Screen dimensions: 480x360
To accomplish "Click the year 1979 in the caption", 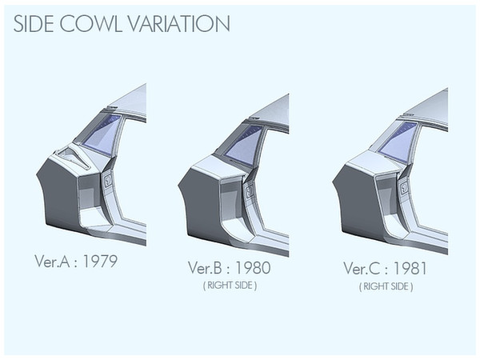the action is [x=100, y=261].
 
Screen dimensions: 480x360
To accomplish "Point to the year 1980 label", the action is [x=253, y=267].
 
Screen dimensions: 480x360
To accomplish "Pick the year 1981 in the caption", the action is [x=410, y=269].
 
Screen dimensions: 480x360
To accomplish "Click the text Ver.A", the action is [x=52, y=261].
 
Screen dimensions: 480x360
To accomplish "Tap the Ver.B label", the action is [x=205, y=267].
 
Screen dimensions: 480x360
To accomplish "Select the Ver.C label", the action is [x=362, y=269].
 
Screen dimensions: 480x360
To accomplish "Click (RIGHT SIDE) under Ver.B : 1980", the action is [x=230, y=286].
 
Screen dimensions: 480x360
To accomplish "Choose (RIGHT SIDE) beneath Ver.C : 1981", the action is [x=386, y=286].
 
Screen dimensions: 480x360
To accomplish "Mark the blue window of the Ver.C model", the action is [x=398, y=140].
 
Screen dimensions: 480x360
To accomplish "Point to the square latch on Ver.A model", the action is [x=107, y=180].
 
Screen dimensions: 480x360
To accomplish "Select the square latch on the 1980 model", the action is [x=250, y=192].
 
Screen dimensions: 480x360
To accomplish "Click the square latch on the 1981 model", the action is [x=404, y=188].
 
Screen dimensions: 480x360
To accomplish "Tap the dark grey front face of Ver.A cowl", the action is [x=58, y=196].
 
